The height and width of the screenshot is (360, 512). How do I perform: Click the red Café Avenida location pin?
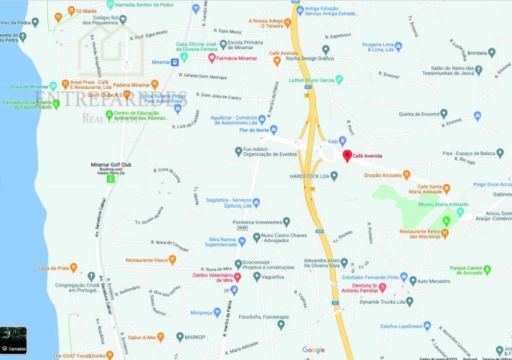[347, 156]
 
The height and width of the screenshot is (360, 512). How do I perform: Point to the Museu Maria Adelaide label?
[443, 205]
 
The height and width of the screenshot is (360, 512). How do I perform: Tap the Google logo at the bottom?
[313, 349]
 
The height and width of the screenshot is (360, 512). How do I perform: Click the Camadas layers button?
[14, 340]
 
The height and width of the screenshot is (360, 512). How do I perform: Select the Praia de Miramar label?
[28, 86]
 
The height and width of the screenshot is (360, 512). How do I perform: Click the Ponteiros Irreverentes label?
[255, 222]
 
